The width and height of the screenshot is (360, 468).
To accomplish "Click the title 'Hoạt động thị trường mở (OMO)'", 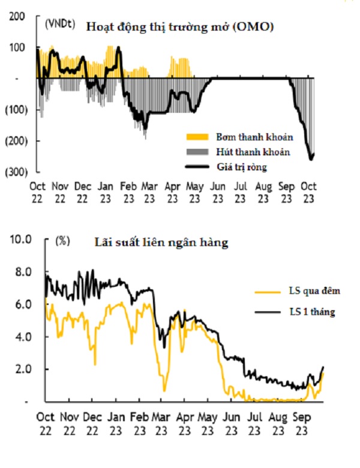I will pos(180,26).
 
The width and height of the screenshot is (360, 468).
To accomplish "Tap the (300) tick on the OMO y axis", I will pos(16,172).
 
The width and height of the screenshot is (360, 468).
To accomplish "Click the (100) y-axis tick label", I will pos(16,110).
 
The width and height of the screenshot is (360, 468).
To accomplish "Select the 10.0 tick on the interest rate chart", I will pos(20,240).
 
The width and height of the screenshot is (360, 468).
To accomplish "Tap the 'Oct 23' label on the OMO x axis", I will pos(308,193).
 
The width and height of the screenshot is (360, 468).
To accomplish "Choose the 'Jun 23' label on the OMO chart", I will pos(218,193).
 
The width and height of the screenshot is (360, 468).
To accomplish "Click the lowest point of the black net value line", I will pos(311,160).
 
